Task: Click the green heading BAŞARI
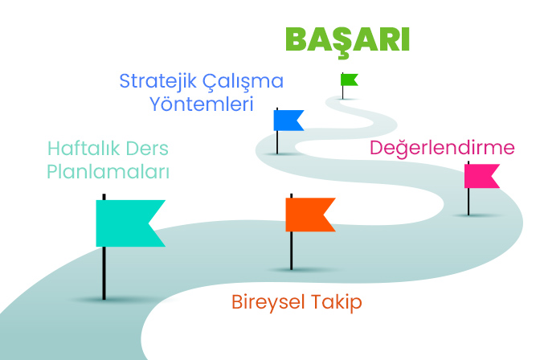click(x=347, y=42)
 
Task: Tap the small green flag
click(x=349, y=80)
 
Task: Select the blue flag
click(x=287, y=121)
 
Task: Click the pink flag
click(x=481, y=176)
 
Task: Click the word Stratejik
click(x=158, y=82)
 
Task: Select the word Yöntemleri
click(x=202, y=104)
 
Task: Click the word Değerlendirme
click(x=442, y=148)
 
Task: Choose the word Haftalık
click(x=84, y=149)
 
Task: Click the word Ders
click(x=147, y=149)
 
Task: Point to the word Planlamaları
click(x=108, y=171)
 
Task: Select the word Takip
click(x=337, y=302)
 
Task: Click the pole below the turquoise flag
click(x=104, y=273)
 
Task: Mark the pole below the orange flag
click(x=292, y=251)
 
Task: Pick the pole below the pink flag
click(x=468, y=202)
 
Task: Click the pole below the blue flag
click(x=277, y=142)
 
